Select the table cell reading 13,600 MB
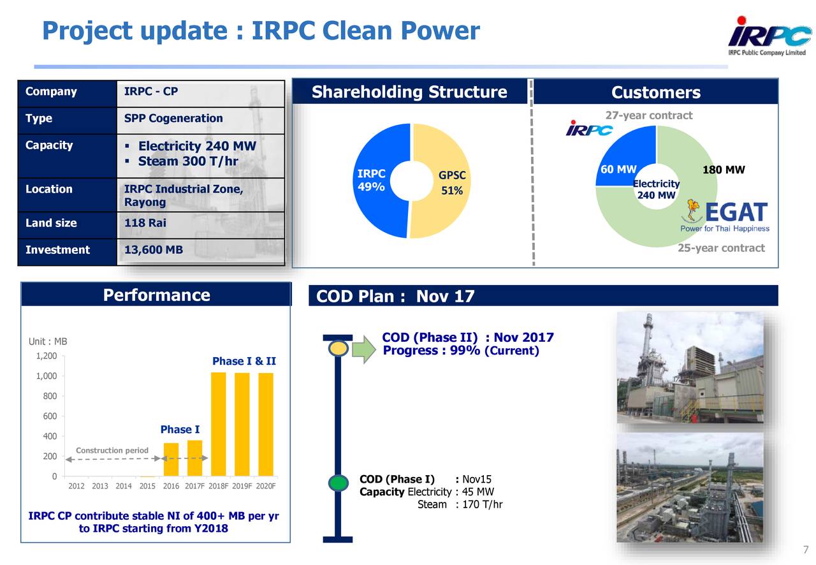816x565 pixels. [x=153, y=250]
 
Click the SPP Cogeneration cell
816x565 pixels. [x=173, y=119]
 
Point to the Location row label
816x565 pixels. [x=49, y=189]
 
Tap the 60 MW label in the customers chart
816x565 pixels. [x=618, y=169]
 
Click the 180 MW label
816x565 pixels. [x=723, y=170]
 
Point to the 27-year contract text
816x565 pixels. [x=648, y=115]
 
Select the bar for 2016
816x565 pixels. [x=171, y=459]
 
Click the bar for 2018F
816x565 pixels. [x=218, y=424]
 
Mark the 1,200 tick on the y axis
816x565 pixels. [x=47, y=356]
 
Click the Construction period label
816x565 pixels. [x=112, y=451]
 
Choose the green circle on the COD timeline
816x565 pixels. [x=338, y=483]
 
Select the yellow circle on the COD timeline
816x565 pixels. [x=339, y=349]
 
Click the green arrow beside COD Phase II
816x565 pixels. [x=365, y=349]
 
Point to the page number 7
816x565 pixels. [x=805, y=550]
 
